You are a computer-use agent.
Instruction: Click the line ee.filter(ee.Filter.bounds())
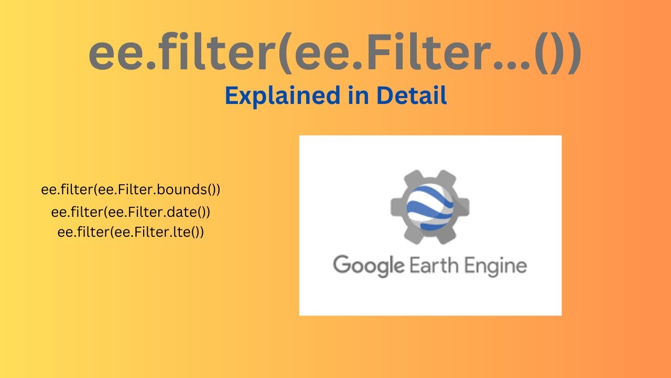coord(131,190)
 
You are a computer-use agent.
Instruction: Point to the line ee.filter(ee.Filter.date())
coord(131,212)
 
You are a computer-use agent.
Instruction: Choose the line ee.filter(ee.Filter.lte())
coord(131,232)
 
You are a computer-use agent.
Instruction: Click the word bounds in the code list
coord(183,190)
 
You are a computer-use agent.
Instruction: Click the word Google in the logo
coord(369,265)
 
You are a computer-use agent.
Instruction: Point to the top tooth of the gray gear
coord(430,175)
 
